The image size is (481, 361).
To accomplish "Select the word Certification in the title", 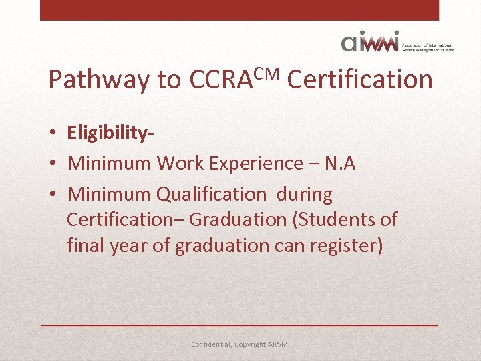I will tap(359, 80).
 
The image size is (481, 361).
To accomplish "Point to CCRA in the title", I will tap(218, 80).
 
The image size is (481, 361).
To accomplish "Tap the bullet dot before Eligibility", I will tap(53, 133).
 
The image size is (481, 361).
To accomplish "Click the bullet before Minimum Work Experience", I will tap(53, 164).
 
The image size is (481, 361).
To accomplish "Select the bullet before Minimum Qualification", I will tap(53, 195).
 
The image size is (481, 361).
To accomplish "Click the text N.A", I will tap(339, 164).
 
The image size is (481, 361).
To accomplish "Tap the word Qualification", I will tap(211, 195).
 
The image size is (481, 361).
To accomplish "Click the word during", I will tap(304, 195).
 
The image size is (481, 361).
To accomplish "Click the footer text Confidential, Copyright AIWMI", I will tap(240, 345).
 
